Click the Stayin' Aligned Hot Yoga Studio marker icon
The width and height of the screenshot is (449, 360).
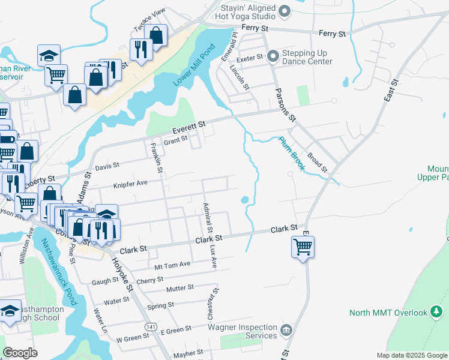(x=285, y=11)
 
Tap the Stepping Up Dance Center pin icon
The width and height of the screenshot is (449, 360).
(x=274, y=56)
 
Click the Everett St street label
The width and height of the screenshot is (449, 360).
(x=188, y=127)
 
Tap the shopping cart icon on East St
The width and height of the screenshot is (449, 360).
(x=303, y=247)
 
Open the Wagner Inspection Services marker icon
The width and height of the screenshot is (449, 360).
(x=286, y=330)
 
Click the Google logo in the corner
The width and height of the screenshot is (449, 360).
(x=20, y=352)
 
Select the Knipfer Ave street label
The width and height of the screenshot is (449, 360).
(x=130, y=184)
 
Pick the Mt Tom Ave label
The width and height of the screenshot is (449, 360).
(x=172, y=264)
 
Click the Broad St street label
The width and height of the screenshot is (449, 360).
(x=316, y=161)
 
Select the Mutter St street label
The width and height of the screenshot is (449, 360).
(x=180, y=288)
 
